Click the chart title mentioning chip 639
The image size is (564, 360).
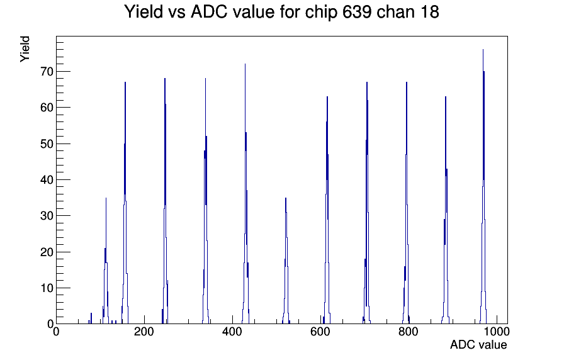point(281,12)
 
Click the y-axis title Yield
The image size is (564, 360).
point(25,49)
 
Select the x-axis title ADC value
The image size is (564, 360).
point(478,345)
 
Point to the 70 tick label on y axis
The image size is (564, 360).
point(47,72)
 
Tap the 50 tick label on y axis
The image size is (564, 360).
point(47,144)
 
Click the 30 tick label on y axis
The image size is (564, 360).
point(47,216)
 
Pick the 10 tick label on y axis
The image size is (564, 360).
point(47,288)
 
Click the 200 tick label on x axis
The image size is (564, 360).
point(144,332)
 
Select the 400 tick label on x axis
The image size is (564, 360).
point(232,332)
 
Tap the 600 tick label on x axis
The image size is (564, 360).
point(320,332)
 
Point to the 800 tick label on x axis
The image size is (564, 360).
point(409,332)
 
